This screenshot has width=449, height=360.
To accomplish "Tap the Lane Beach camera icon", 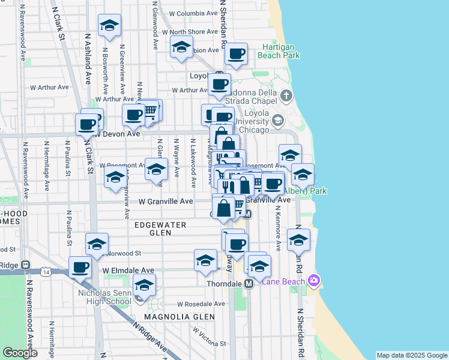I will click(313, 280).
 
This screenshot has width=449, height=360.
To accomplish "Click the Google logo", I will click(20, 353).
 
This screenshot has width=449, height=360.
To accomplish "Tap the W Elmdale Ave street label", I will click(128, 271).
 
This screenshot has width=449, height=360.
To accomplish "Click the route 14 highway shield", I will click(46, 272).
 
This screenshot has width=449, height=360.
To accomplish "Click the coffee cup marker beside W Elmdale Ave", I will click(80, 267).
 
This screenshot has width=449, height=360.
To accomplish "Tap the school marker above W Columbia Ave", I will click(109, 25).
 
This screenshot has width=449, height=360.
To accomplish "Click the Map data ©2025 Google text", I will click(412, 355).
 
